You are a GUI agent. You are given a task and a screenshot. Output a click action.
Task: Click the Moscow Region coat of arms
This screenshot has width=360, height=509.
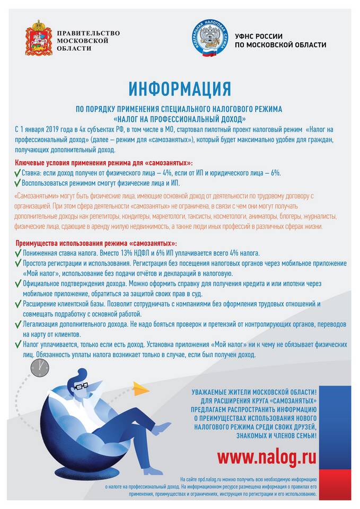pyautogui.click(x=39, y=38)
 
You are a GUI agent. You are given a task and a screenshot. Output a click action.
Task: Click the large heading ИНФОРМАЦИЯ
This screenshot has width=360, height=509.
pyautogui.click(x=180, y=87)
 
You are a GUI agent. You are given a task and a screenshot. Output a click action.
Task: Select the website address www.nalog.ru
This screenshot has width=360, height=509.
pyautogui.click(x=267, y=456)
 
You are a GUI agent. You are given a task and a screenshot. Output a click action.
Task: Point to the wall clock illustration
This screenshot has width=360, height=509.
pyautogui.click(x=39, y=367)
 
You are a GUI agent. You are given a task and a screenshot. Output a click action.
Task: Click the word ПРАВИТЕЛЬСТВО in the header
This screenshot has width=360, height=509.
pyautogui.click(x=87, y=33)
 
